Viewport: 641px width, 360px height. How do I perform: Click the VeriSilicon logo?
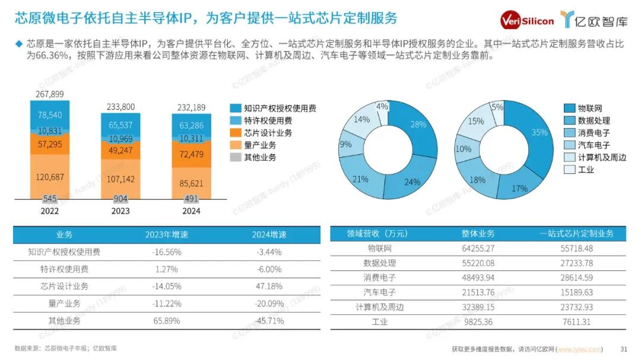click(527, 20)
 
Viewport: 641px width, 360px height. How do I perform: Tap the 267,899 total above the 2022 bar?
click(49, 94)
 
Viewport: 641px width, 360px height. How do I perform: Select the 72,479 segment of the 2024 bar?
click(191, 154)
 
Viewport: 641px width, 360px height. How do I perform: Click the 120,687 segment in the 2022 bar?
click(50, 177)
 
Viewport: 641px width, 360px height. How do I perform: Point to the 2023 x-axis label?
click(120, 211)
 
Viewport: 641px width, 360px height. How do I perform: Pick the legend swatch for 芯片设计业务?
click(236, 133)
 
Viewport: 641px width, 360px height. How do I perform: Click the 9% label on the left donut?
click(345, 144)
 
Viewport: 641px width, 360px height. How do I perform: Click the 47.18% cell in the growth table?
click(269, 286)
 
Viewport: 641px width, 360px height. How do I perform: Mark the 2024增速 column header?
click(269, 235)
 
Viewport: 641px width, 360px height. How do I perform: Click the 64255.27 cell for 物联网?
click(478, 249)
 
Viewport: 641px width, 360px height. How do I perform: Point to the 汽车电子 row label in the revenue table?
click(379, 292)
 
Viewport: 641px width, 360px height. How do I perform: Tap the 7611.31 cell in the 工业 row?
click(576, 322)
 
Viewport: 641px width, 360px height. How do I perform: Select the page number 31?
click(623, 349)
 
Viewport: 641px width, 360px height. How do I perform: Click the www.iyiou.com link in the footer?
click(579, 349)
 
